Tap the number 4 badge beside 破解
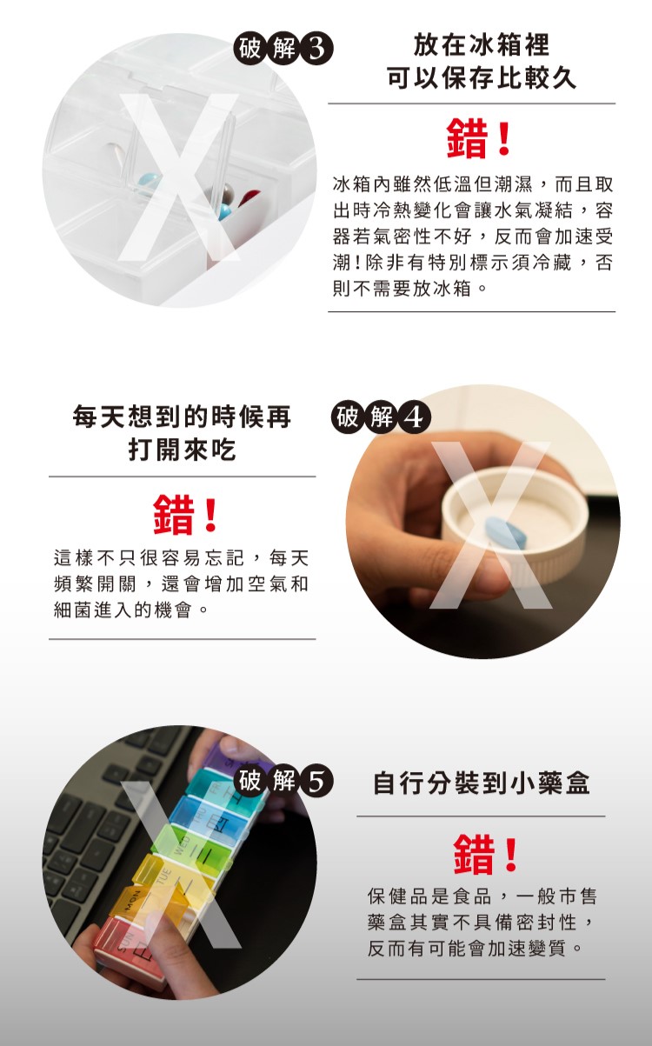point(415,417)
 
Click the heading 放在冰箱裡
point(482,45)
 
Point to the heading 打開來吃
point(182,450)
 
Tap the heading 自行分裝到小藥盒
point(482,783)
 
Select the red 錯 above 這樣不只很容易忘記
point(173,515)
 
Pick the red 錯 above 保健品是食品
point(474,855)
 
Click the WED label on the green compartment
point(182,846)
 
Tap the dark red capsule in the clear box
point(249,197)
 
